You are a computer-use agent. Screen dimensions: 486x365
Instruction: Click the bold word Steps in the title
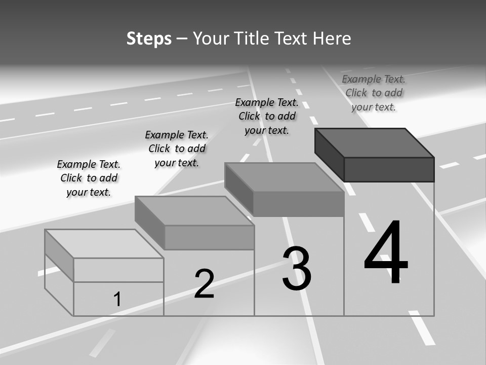click(149, 39)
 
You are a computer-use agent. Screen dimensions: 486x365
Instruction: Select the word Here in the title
click(332, 39)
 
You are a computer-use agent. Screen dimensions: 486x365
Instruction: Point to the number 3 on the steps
click(297, 268)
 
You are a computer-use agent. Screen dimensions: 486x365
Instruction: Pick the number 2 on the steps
click(204, 284)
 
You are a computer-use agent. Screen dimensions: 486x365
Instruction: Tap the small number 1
click(117, 299)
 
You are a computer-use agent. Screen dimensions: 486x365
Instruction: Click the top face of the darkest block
click(375, 143)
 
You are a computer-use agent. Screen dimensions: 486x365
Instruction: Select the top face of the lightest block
click(104, 244)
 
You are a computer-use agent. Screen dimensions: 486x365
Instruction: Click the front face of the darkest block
click(389, 169)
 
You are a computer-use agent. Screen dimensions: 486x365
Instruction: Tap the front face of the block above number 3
click(299, 204)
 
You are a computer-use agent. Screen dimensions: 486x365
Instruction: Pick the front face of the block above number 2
click(210, 237)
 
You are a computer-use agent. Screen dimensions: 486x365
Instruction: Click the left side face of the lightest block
click(59, 255)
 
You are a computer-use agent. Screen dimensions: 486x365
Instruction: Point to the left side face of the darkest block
click(330, 155)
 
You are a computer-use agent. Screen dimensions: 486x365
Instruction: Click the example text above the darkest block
click(374, 93)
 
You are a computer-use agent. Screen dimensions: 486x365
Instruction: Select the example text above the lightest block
click(89, 178)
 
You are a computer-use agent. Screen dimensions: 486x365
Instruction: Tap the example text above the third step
click(267, 116)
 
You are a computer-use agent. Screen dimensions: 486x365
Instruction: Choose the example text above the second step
click(177, 149)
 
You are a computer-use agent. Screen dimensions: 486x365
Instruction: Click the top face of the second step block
click(194, 211)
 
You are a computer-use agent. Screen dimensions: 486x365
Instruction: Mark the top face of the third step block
click(284, 177)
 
